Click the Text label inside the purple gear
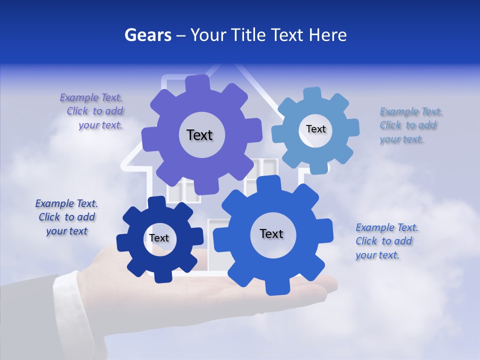(199, 135)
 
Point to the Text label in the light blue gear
(315, 129)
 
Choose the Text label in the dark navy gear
(158, 238)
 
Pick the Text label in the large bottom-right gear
(271, 233)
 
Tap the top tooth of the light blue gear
(312, 93)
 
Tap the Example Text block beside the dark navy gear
(66, 217)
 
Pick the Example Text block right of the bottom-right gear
(386, 241)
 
